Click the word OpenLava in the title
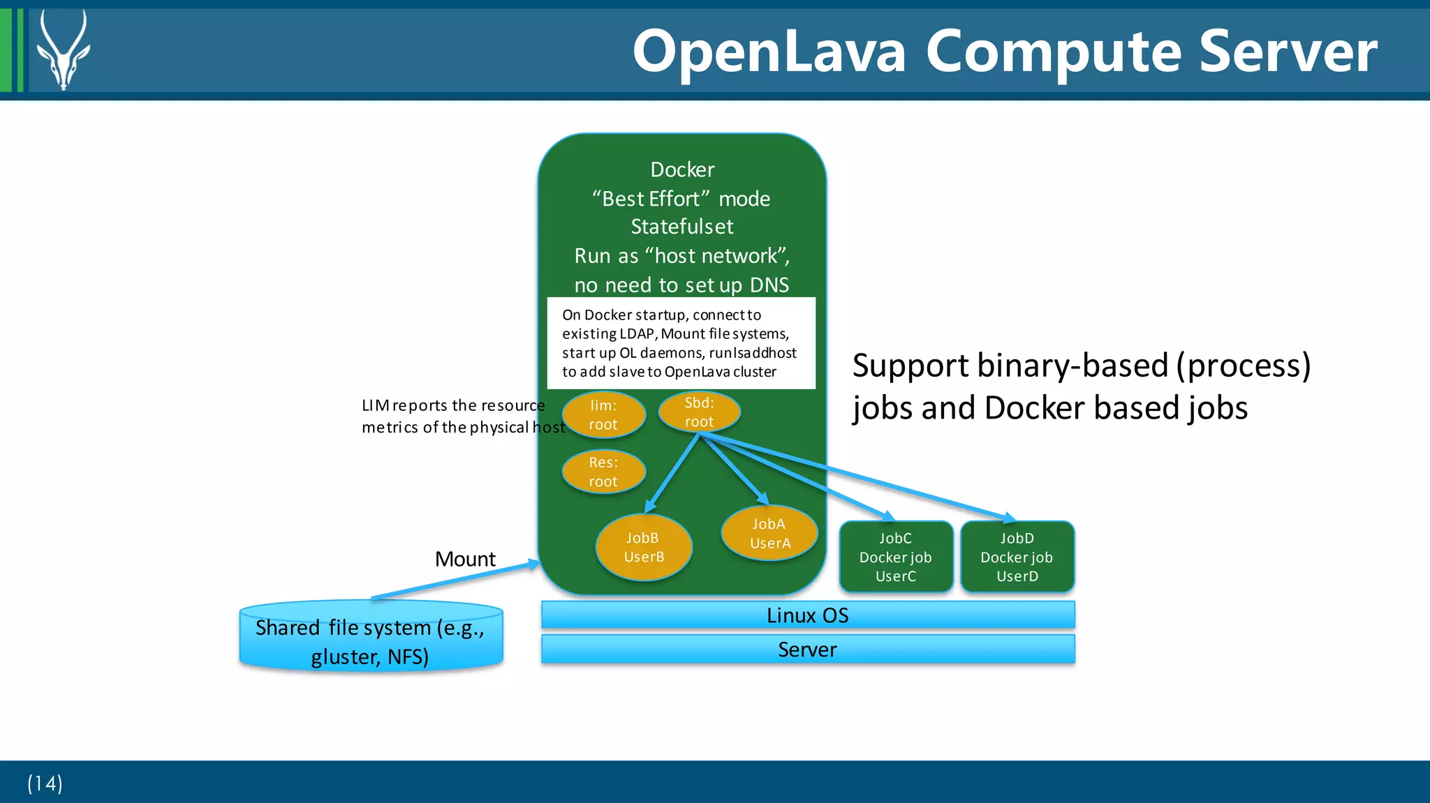coord(769,52)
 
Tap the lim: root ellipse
coord(603,415)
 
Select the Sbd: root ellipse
coord(699,412)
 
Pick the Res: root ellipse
coord(603,472)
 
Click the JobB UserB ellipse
coord(644,548)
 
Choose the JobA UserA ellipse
coord(769,534)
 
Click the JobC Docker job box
coord(896,557)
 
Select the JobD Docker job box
coord(1017,557)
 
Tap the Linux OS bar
coord(808,615)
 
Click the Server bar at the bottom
coord(808,650)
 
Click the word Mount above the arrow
coord(465,559)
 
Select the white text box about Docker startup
coord(681,343)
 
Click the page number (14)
coord(45,783)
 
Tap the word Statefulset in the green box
coord(682,227)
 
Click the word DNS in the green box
coord(769,285)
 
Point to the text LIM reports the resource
coord(453,405)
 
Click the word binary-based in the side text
coord(1072,366)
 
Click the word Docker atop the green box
coord(682,170)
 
